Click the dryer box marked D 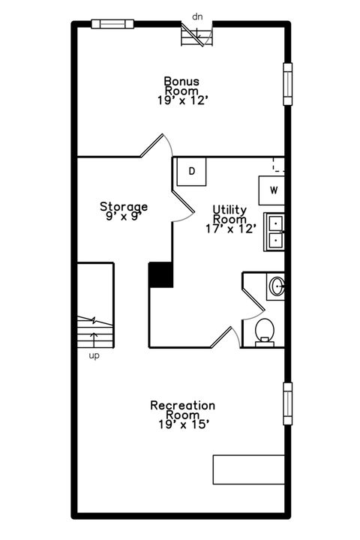[192, 172]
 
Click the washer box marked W [272, 190]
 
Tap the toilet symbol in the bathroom [265, 331]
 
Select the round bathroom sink [276, 286]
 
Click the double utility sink [274, 232]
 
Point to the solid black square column [160, 274]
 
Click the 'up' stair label [94, 355]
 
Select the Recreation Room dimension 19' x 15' [182, 424]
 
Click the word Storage [124, 206]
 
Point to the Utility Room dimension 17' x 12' [229, 229]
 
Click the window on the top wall [112, 24]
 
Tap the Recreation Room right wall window [287, 403]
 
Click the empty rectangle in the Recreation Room [249, 469]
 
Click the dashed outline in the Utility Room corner [278, 165]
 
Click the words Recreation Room [182, 410]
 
